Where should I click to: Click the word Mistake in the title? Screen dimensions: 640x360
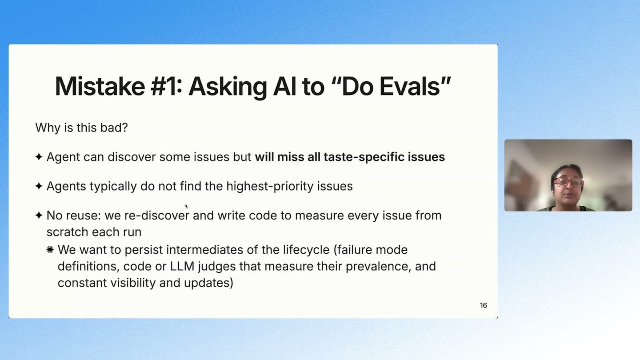(100, 86)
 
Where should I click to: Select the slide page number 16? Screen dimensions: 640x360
(484, 305)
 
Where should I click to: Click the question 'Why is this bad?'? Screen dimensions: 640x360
(81, 128)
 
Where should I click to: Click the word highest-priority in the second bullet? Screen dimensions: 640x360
(270, 186)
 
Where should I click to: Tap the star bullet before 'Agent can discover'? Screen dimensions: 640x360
(39, 156)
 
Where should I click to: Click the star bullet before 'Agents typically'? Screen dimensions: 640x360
(39, 186)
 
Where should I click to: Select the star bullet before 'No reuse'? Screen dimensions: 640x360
(39, 215)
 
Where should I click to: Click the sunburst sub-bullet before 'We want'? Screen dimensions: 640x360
(50, 250)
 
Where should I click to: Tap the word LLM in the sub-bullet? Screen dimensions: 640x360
(182, 266)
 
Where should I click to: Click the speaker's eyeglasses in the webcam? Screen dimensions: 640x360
(568, 183)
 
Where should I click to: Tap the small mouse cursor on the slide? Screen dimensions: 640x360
(186, 206)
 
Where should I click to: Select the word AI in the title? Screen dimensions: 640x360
(284, 86)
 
